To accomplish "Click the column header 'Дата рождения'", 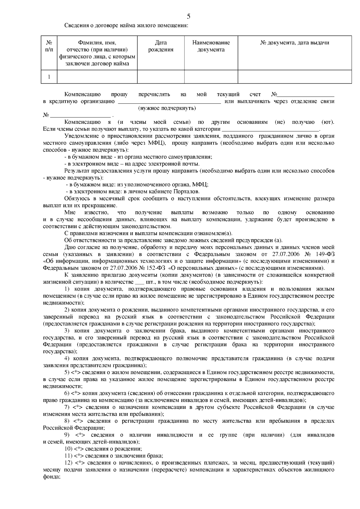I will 161,46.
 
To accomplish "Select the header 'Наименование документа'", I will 211,46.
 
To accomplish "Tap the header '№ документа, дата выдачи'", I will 294,43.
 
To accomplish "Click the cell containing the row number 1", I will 49,77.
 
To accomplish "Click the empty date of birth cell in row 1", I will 161,77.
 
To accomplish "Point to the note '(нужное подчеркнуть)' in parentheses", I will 167,108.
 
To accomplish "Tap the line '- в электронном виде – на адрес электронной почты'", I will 132,164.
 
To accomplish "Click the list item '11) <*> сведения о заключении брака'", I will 114,456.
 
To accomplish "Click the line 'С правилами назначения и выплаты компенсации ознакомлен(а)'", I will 148,234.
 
